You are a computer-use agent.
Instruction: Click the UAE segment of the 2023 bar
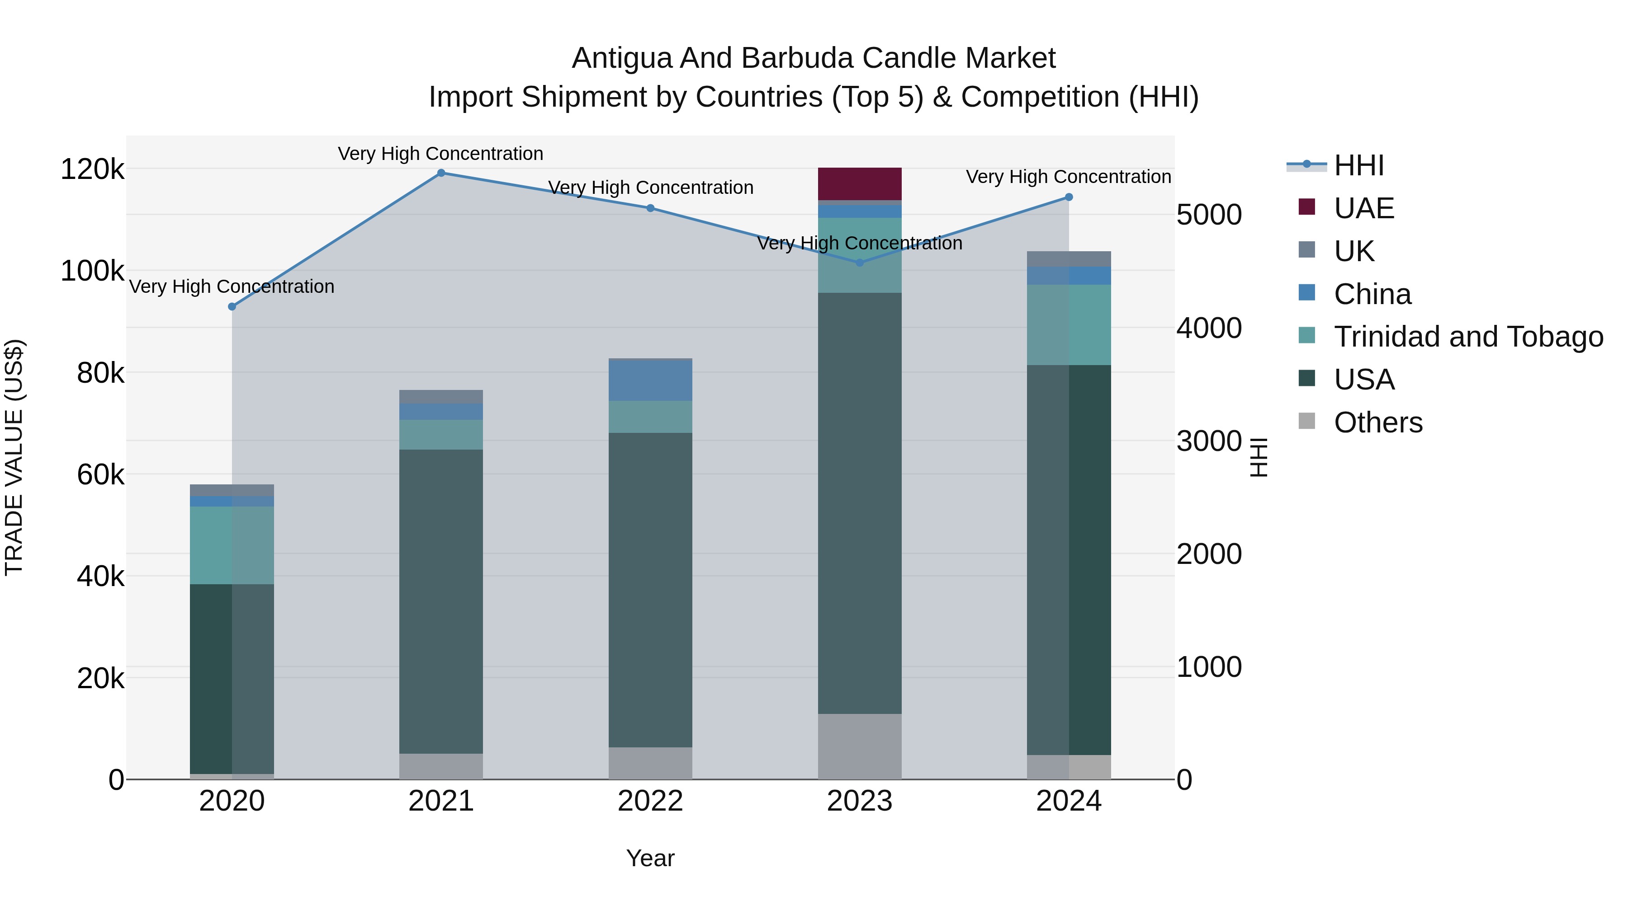(860, 184)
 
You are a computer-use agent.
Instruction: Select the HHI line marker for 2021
(441, 173)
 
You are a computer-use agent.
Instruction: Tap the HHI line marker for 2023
(860, 263)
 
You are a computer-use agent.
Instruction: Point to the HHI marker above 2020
(232, 307)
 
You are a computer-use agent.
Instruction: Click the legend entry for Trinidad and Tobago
(1468, 337)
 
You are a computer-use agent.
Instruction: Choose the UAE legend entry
(1364, 208)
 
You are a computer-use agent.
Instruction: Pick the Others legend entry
(1378, 422)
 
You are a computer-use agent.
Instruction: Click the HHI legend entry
(1359, 165)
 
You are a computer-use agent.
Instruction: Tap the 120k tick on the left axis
(92, 169)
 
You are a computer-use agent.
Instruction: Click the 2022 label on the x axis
(650, 801)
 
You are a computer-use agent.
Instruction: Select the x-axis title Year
(650, 858)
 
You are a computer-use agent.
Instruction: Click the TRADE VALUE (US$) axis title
(14, 457)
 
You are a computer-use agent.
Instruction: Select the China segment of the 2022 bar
(650, 380)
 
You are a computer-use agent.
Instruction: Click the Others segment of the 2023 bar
(860, 746)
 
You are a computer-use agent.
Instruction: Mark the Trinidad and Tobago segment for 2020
(232, 545)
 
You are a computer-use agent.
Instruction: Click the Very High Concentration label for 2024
(1068, 177)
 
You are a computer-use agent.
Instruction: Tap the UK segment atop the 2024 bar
(1069, 259)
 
